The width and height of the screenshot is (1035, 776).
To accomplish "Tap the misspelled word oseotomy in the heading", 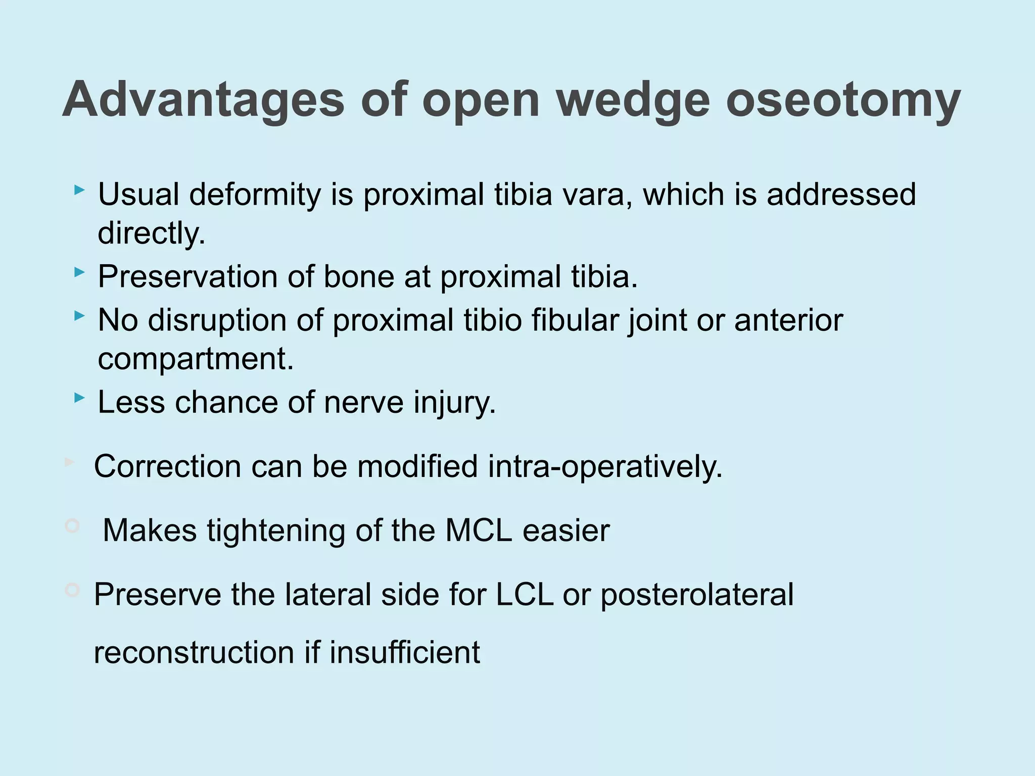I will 843,100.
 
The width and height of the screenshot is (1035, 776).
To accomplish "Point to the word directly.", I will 152,233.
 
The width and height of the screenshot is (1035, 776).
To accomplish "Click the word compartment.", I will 196,360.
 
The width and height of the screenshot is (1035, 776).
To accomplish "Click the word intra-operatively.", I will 605,466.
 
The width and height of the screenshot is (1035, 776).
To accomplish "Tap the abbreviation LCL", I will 524,595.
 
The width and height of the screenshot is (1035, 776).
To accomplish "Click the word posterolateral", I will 697,595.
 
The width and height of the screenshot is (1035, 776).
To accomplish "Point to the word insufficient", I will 404,652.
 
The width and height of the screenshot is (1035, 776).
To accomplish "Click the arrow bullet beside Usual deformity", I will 79,190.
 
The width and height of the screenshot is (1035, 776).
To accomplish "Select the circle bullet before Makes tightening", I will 72,526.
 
